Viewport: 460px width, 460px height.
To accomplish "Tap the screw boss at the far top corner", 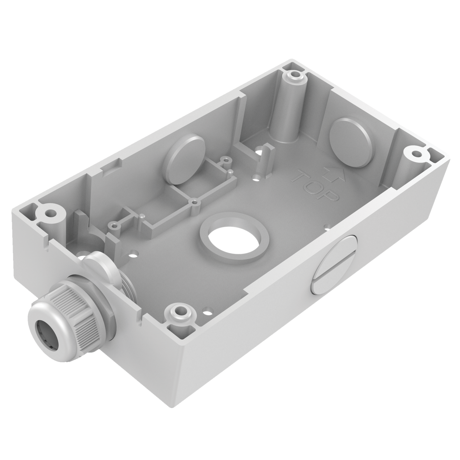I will [x=295, y=76].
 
